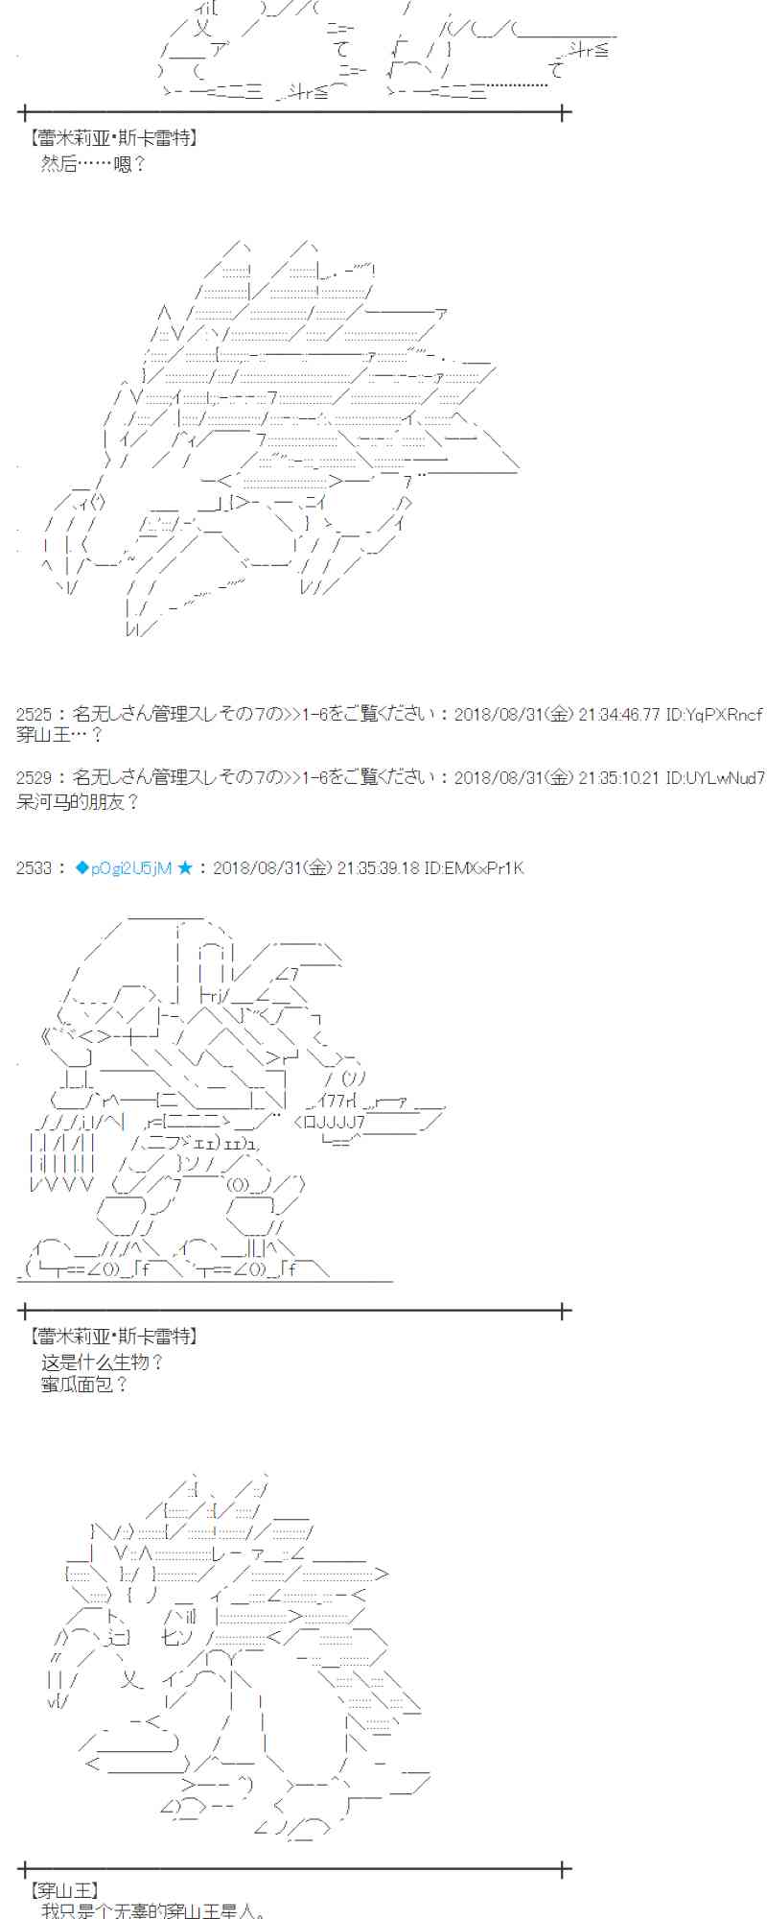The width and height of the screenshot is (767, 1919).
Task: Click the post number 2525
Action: pos(35,714)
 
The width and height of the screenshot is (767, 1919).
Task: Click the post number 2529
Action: pos(35,777)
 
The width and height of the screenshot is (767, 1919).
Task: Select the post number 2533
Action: pos(35,868)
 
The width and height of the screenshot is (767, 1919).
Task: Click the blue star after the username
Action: pos(185,868)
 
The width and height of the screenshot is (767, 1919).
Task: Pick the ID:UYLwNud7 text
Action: pos(715,777)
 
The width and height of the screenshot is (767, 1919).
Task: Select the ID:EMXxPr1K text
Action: pos(474,868)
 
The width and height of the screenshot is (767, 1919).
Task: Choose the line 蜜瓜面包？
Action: pos(84,1385)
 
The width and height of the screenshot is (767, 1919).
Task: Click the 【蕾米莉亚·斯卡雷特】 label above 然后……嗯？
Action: pos(114,138)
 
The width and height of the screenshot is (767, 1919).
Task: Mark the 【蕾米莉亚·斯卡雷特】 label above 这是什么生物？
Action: pos(114,1336)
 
